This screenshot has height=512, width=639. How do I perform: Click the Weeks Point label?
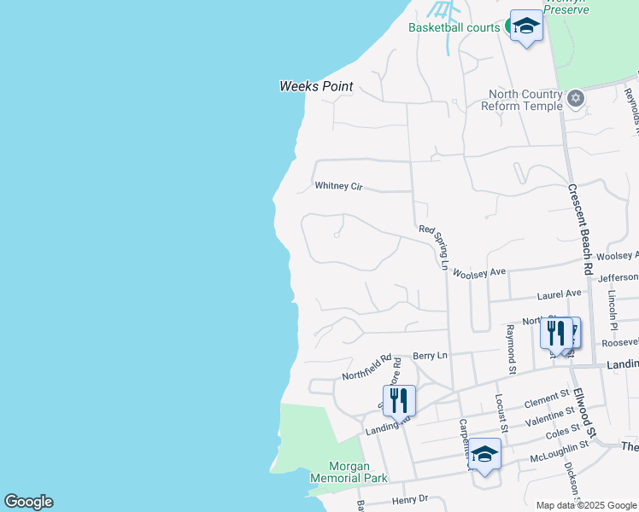pyautogui.click(x=316, y=86)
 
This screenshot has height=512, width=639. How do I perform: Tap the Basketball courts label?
pyautogui.click(x=454, y=27)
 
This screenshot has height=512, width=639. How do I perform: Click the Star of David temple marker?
pyautogui.click(x=576, y=99)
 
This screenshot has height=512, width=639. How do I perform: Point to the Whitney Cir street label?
pyautogui.click(x=339, y=185)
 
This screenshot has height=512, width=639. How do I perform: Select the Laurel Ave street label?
pyautogui.click(x=559, y=294)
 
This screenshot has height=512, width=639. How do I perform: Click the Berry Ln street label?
pyautogui.click(x=430, y=355)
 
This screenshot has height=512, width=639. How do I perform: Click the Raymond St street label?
pyautogui.click(x=510, y=349)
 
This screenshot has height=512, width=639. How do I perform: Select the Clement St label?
pyautogui.click(x=547, y=398)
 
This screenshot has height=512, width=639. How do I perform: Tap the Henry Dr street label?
pyautogui.click(x=408, y=500)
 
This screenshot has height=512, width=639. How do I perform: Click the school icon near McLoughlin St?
pyautogui.click(x=484, y=455)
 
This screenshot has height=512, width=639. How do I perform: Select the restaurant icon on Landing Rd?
pyautogui.click(x=398, y=400)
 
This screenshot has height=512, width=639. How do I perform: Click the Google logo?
pyautogui.click(x=28, y=502)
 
